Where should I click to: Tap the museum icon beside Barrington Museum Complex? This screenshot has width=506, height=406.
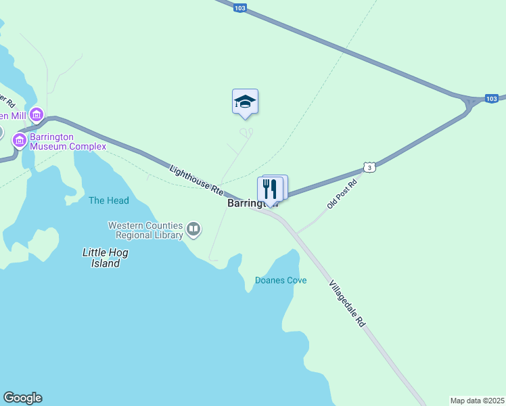click(x=20, y=141)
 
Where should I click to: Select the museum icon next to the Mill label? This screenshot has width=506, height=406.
click(x=35, y=114)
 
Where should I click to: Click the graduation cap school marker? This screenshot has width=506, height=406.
click(x=245, y=102)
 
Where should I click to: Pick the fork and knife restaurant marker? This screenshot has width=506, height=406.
click(x=271, y=188)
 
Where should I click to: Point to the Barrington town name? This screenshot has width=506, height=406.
click(x=244, y=203)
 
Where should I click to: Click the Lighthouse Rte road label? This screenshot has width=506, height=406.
click(x=196, y=181)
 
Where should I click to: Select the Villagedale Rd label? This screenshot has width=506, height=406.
click(x=347, y=303)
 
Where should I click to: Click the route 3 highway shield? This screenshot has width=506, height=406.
click(x=368, y=166)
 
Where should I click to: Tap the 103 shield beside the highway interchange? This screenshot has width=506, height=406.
click(x=492, y=99)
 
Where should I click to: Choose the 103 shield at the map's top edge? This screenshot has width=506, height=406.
click(x=239, y=8)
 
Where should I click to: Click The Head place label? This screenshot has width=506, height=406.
click(x=108, y=200)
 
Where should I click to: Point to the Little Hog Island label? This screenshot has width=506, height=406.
click(x=105, y=258)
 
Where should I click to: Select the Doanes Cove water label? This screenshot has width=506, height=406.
click(x=280, y=280)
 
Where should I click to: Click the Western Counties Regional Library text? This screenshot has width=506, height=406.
click(x=145, y=230)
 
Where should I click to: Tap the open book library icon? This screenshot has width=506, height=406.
click(x=194, y=229)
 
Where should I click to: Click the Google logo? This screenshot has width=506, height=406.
click(x=22, y=398)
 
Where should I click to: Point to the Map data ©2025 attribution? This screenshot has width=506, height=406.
click(x=477, y=401)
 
